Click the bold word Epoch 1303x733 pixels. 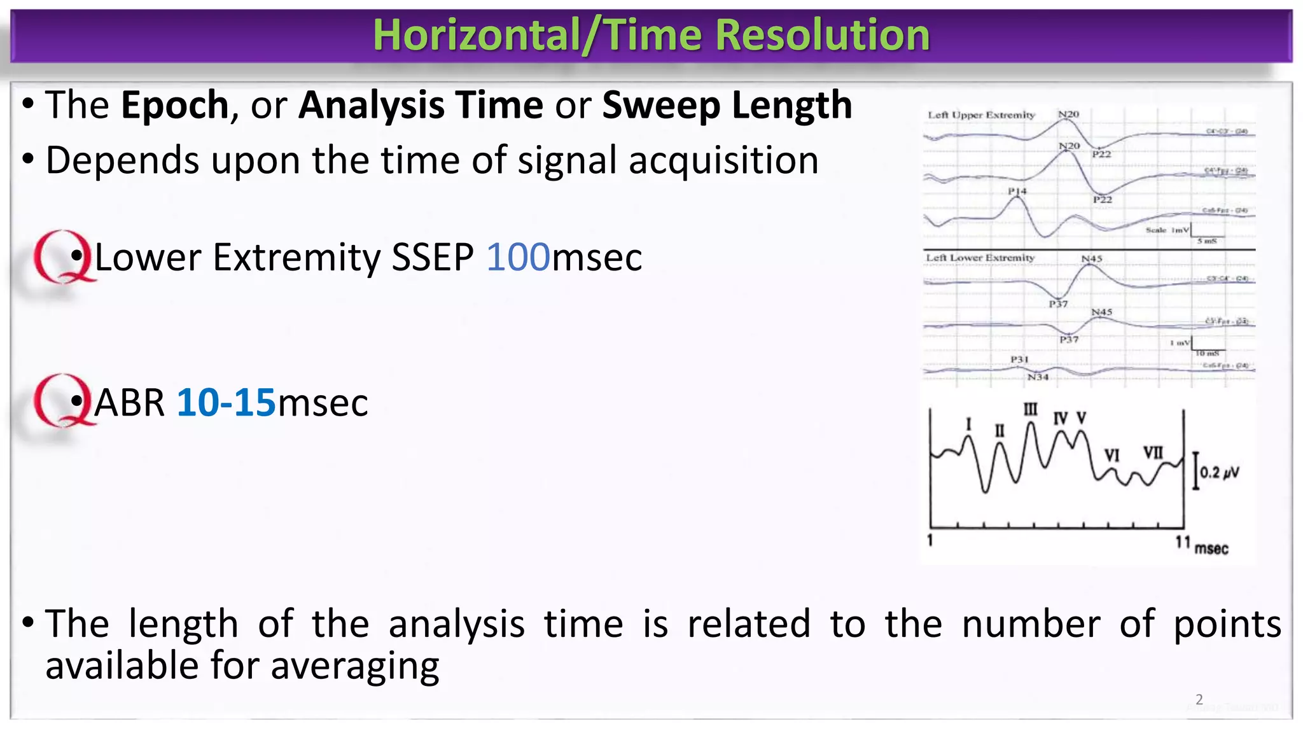tap(175, 105)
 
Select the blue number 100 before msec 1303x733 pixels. tap(518, 258)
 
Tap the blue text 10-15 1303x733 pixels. tap(226, 403)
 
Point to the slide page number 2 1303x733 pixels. tap(1199, 699)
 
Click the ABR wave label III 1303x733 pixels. tap(1030, 409)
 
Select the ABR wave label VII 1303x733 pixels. tap(1153, 452)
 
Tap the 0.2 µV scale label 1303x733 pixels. tap(1219, 473)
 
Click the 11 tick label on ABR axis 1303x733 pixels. tap(1182, 542)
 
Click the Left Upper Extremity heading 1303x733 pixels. tap(981, 115)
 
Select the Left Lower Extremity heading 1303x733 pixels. tap(980, 258)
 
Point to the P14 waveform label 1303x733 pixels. tap(1017, 191)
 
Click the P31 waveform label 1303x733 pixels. tap(1019, 360)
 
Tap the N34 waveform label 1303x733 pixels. tap(1038, 377)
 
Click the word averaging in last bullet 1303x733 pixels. tap(354, 666)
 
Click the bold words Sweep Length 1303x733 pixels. tap(727, 105)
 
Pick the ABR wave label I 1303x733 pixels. tap(968, 424)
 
